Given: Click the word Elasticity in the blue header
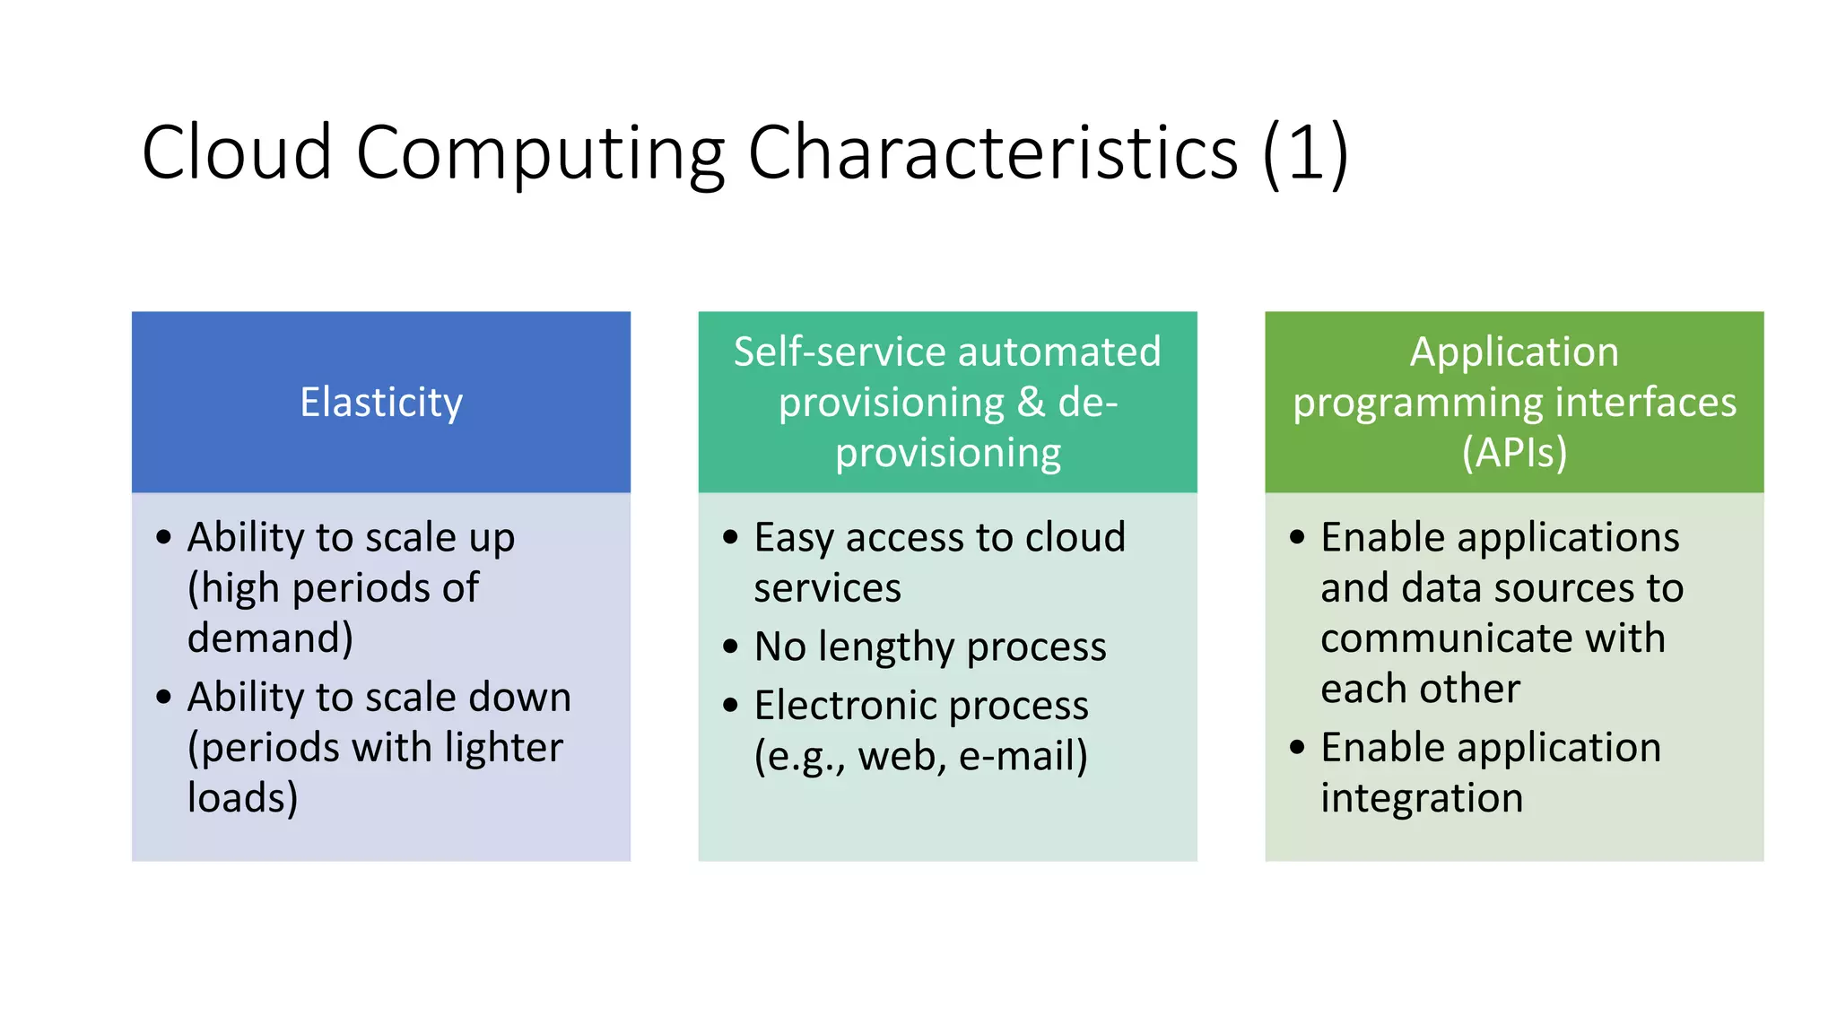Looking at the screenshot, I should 381,403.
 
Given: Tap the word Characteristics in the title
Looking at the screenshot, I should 992,153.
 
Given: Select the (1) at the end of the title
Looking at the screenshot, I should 1305,153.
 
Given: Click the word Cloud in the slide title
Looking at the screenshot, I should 237,153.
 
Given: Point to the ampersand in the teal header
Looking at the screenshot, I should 1031,403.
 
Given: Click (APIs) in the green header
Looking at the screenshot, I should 1514,453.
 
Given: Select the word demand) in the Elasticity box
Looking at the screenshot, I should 270,638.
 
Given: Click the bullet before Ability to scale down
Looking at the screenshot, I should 163,697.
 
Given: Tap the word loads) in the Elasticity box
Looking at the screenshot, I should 242,798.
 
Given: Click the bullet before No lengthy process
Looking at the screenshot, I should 730,647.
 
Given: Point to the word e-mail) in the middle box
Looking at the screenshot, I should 1023,756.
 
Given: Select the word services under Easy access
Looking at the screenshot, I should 827,589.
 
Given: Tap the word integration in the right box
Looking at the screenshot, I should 1422,798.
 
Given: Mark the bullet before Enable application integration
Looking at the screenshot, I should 1297,747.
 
